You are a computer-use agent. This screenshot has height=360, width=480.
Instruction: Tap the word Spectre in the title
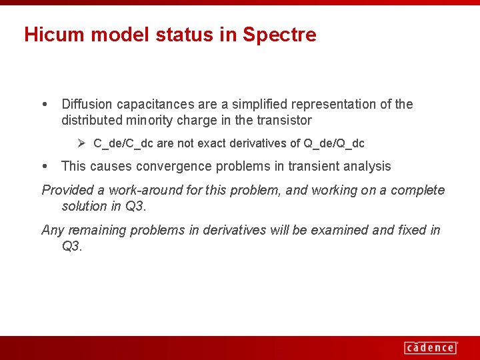click(279, 35)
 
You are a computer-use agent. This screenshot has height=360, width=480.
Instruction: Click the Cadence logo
click(430, 347)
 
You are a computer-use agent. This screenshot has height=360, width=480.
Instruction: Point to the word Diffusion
click(87, 104)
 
